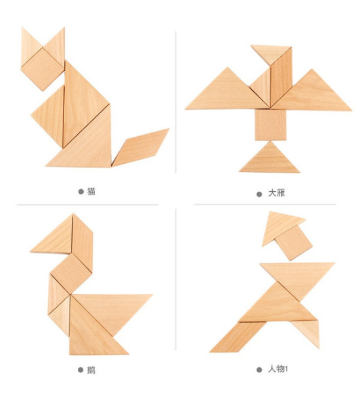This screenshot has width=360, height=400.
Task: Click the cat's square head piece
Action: pos(43,69)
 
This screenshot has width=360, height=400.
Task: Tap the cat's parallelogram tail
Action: pos(140,147)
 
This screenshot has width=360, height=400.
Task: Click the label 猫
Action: pos(91,191)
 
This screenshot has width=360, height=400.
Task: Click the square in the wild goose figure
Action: pos(270,124)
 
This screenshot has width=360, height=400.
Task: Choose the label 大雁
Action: pos(277,193)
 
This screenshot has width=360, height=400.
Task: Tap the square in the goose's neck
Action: pos(71,274)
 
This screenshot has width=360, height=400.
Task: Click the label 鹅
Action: pos(91,370)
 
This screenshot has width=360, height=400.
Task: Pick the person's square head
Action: pos(293,242)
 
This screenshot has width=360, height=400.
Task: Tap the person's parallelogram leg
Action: pos(238,337)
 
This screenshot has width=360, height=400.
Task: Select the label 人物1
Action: pos(278,369)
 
